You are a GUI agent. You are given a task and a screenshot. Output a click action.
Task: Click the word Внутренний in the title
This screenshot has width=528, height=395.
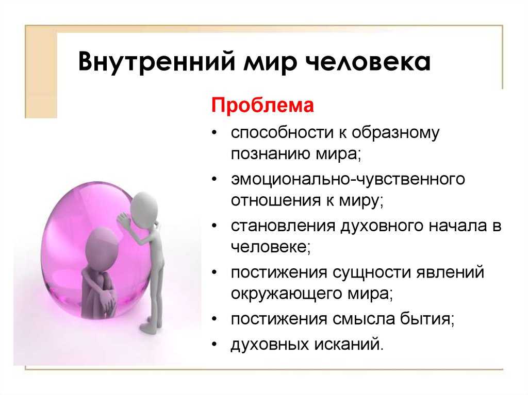[156, 61]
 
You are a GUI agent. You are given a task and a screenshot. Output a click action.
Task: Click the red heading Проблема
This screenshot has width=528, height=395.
[262, 105]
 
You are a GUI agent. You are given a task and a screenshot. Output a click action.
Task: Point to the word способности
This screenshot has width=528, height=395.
[282, 132]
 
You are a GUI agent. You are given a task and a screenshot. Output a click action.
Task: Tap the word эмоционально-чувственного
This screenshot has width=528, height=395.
[348, 179]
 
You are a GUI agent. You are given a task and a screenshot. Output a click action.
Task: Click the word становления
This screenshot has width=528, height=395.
[283, 226]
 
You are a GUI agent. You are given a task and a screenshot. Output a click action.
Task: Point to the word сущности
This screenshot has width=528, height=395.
[372, 272]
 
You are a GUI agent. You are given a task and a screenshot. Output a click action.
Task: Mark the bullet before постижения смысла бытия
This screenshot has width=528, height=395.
[214, 318]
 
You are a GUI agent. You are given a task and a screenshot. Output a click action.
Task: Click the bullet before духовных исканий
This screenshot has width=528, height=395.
[214, 344]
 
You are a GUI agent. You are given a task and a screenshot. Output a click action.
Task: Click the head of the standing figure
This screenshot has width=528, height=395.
[144, 207]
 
